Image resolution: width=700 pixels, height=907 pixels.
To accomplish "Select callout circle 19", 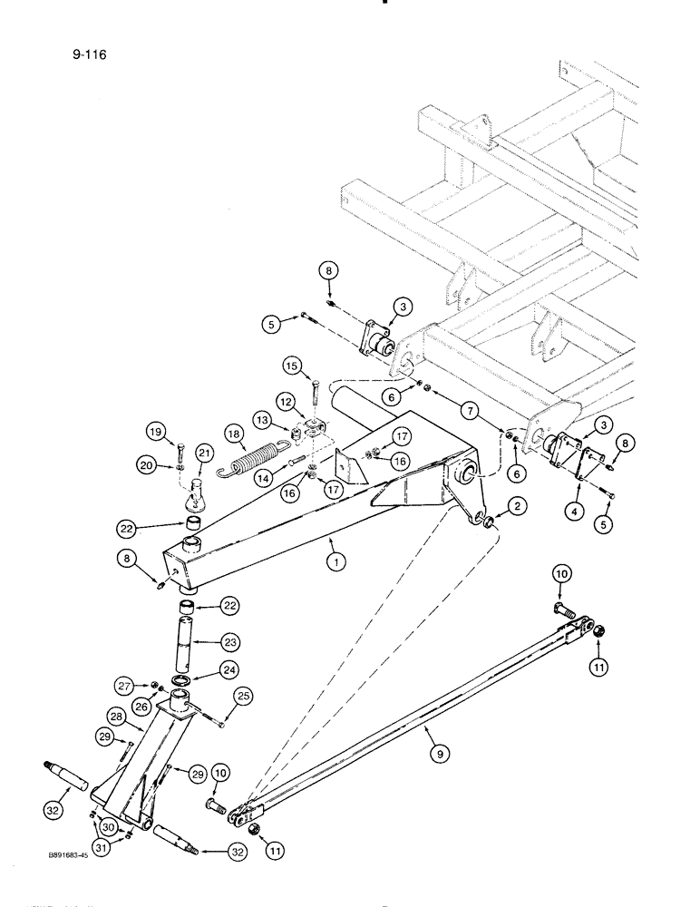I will click(155, 432).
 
